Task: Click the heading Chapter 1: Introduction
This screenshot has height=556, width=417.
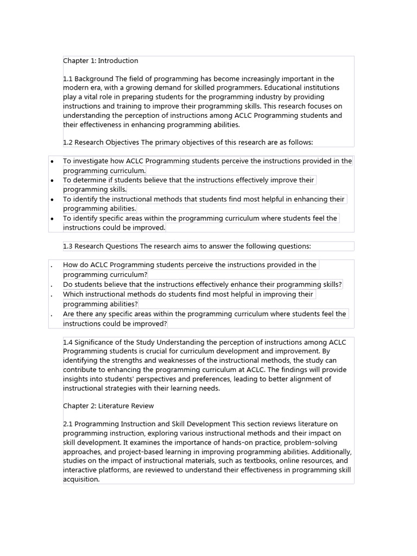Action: pyautogui.click(x=100, y=61)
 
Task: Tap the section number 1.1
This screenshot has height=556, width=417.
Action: pyautogui.click(x=68, y=79)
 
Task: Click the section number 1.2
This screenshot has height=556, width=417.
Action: pyautogui.click(x=68, y=142)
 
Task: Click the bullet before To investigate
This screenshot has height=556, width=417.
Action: pyautogui.click(x=52, y=162)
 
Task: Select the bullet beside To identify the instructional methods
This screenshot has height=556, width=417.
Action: pyautogui.click(x=52, y=200)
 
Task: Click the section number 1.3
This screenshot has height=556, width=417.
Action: pyautogui.click(x=68, y=247)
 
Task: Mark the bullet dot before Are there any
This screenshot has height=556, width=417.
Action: pyautogui.click(x=52, y=315)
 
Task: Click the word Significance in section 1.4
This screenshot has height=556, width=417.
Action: pyautogui.click(x=95, y=342)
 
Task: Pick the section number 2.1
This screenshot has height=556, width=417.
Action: pyautogui.click(x=68, y=424)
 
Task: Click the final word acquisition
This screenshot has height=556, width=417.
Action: pyautogui.click(x=81, y=479)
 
